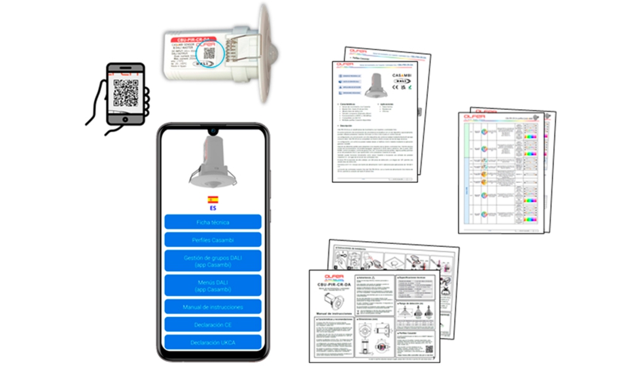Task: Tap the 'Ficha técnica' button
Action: coord(213,222)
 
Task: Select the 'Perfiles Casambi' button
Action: coord(213,240)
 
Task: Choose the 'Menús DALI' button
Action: coord(213,286)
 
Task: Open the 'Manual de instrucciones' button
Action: coord(213,307)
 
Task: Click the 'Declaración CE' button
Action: coord(213,324)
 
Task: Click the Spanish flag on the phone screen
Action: coord(213,199)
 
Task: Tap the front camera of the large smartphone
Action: coord(213,131)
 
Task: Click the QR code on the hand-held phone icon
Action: coord(126,93)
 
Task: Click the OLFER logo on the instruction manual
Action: coord(328,277)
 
